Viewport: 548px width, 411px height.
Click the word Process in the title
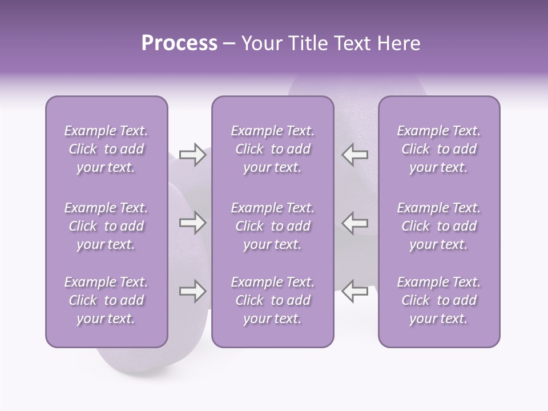(179, 43)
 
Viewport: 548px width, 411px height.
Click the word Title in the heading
(308, 43)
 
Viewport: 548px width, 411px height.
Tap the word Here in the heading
(399, 43)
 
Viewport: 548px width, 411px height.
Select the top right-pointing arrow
(192, 155)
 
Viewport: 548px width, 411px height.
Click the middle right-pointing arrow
(192, 223)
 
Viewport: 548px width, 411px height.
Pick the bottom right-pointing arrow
(192, 291)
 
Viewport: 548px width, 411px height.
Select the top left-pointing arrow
(354, 155)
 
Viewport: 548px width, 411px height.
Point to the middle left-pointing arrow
(354, 223)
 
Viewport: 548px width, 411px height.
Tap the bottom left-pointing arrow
(354, 291)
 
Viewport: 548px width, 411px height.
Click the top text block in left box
(106, 149)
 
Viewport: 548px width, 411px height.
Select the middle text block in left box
(106, 226)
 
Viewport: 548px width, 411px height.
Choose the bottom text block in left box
(106, 300)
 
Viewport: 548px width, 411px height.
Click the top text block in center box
(272, 149)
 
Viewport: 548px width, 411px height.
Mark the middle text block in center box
(272, 226)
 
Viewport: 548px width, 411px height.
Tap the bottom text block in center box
(272, 300)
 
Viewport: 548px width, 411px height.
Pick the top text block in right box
(438, 149)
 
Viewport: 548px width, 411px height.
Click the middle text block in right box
(438, 226)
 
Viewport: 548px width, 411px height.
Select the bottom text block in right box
(438, 300)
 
